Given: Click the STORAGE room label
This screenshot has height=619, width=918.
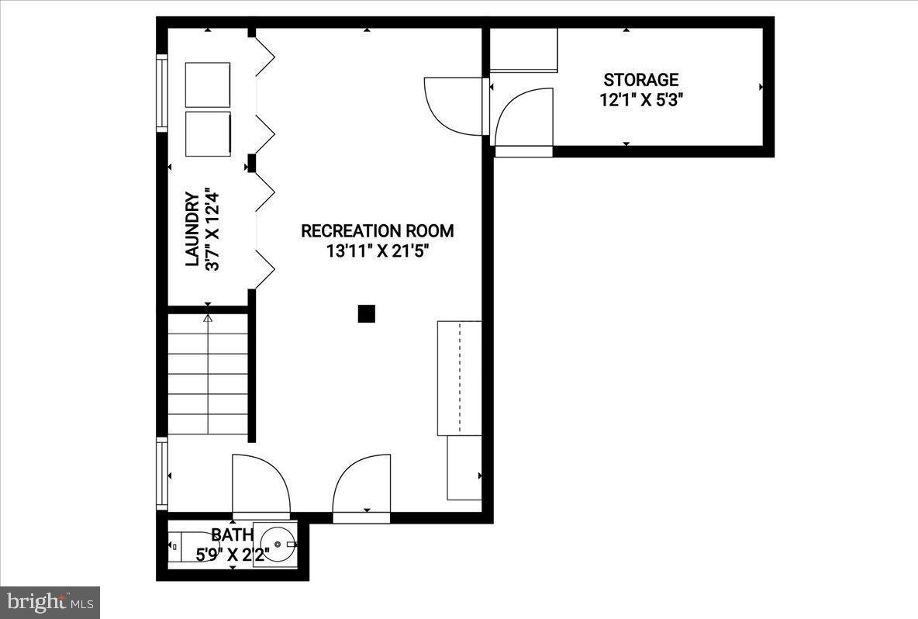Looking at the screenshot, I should coord(641,80).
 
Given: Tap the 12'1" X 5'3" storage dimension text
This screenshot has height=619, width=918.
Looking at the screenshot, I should coord(641,100).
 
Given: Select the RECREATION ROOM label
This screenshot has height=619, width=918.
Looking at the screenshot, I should coord(377,231).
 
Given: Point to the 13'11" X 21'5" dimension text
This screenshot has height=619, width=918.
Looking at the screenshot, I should coord(378,251).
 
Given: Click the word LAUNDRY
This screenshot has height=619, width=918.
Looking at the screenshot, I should coord(192,230).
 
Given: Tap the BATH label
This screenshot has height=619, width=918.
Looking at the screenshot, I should coord(232,534).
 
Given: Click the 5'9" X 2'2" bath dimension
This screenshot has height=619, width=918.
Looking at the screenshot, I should coord(232,554).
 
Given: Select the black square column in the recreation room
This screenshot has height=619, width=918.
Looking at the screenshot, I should coord(367,313).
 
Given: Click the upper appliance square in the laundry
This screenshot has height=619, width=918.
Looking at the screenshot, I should coord(208,85).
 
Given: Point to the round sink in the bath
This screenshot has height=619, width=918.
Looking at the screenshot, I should coord(275,545).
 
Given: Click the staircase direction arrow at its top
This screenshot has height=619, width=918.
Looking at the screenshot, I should coord(208,317).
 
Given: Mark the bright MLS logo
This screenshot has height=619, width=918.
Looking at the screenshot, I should coord(50,602).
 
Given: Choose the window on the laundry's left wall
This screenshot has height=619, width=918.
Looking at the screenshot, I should coord(162,92).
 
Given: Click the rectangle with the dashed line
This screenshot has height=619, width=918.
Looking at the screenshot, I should coord(460,378).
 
